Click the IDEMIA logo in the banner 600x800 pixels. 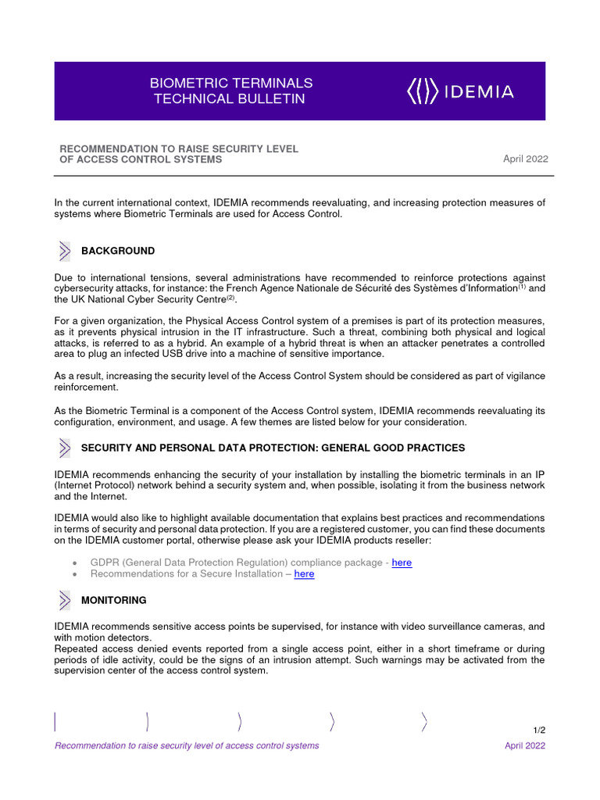click(460, 92)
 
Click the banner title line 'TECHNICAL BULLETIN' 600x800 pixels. click(229, 99)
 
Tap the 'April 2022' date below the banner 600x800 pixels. click(525, 159)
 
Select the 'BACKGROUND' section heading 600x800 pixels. click(118, 251)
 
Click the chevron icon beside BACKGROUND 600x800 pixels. click(65, 251)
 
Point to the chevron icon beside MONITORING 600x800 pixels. click(65, 600)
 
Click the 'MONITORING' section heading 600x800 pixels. click(113, 600)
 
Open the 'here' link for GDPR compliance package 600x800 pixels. click(402, 562)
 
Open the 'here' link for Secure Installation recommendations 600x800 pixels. click(304, 573)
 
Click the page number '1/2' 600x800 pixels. click(539, 730)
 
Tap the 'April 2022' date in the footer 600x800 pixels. click(525, 745)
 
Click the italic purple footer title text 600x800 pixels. click(187, 745)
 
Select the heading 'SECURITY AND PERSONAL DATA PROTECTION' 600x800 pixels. click(273, 448)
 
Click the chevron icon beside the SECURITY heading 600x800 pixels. click(65, 448)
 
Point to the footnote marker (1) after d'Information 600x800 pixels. click(523, 285)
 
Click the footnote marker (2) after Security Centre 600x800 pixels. click(230, 297)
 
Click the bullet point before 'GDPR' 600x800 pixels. click(73, 563)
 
